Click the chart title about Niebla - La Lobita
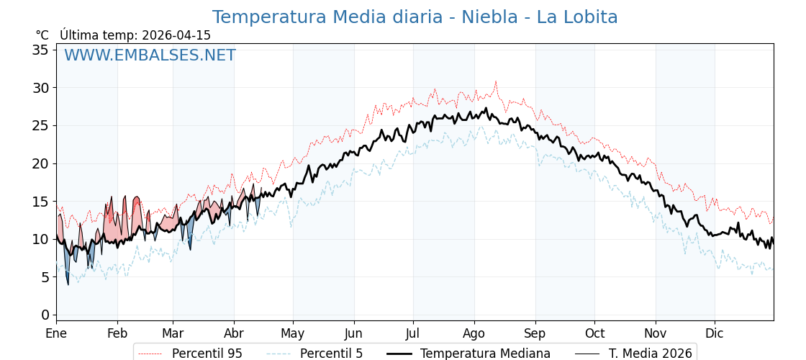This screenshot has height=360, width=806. [415, 17]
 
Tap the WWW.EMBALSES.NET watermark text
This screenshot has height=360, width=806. [150, 55]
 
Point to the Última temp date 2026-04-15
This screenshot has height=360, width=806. [176, 35]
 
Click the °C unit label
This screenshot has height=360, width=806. [42, 35]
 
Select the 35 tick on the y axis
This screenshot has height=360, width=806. [40, 50]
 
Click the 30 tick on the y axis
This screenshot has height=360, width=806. [40, 88]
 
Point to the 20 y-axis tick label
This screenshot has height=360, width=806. [40, 163]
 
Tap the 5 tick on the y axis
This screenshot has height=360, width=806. [44, 277]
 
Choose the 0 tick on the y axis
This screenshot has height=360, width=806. [44, 315]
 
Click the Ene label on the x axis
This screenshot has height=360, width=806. [56, 333]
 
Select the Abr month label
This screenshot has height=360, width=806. [233, 333]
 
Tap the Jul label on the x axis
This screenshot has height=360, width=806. [413, 333]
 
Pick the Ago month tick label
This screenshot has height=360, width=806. [474, 333]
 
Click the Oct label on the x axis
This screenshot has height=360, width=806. [594, 333]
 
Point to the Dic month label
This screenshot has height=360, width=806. [715, 333]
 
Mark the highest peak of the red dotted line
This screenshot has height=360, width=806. [495, 81]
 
